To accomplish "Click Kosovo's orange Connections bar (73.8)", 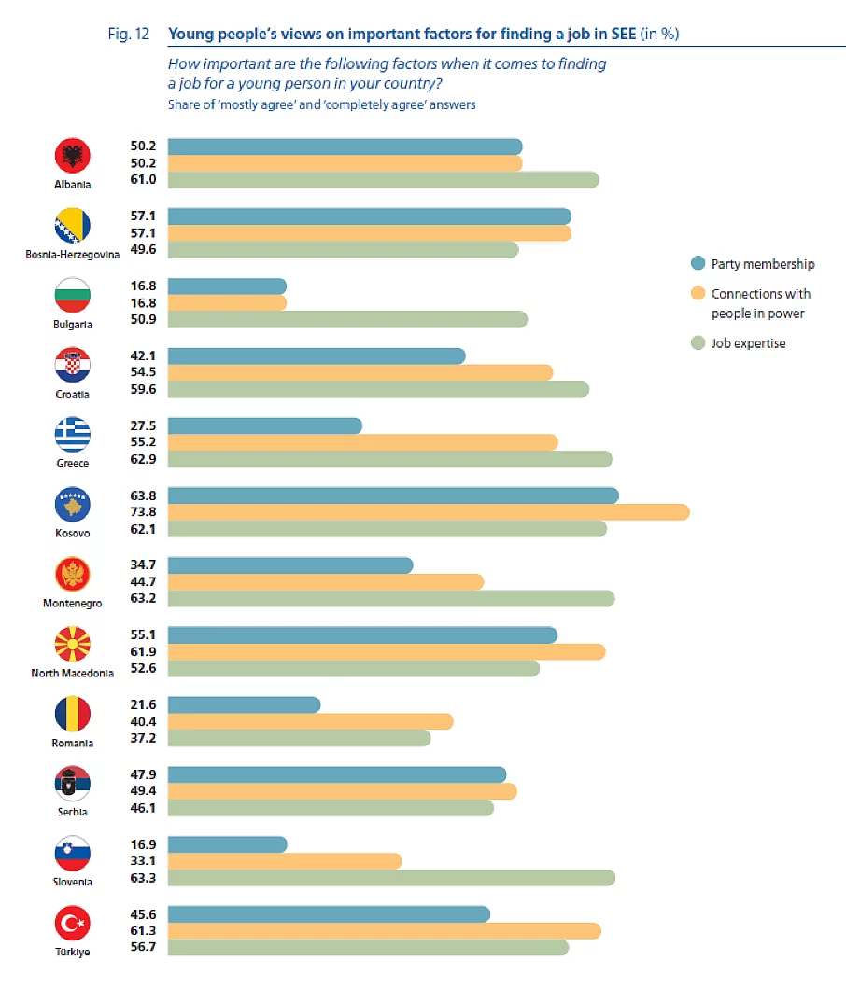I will [x=429, y=511].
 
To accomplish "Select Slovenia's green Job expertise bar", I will [x=391, y=877].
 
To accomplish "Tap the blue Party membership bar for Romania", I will [x=244, y=704].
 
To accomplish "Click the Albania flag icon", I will [x=73, y=155].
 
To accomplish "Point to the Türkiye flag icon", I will [x=73, y=925].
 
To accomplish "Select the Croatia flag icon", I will [x=73, y=365].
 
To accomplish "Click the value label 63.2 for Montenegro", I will [x=143, y=598].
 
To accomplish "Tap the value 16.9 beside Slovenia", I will [x=143, y=843].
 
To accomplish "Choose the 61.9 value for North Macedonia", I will [x=143, y=651].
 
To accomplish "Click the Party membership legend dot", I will [x=697, y=264].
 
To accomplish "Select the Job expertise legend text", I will [x=748, y=343].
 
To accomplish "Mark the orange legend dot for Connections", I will [x=697, y=294].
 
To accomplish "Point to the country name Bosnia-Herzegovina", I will [x=73, y=255].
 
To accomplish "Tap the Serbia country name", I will [x=73, y=812].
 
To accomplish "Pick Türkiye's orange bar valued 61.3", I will [x=384, y=930].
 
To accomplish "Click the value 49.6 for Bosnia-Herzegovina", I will [x=143, y=249].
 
